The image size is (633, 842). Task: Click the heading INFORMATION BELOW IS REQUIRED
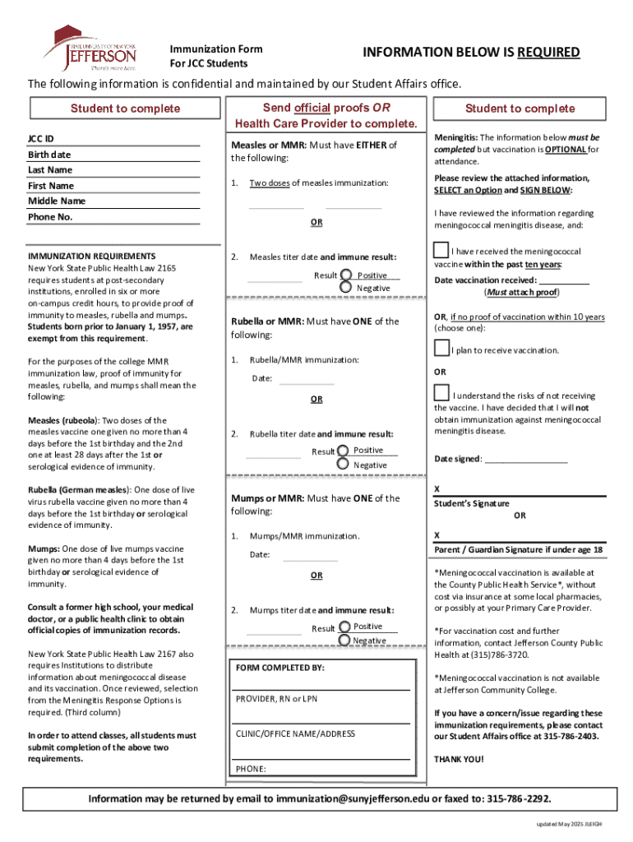coord(471,53)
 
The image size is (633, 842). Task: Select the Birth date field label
coord(49,155)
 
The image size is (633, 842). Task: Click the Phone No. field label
coord(51,217)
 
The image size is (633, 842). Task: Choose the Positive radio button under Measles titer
coord(347,275)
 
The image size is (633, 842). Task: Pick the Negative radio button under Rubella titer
coord(343,465)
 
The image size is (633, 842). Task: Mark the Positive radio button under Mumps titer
coord(344,627)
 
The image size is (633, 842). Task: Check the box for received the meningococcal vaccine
coord(441,250)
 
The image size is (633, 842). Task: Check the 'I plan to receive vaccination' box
coord(441,349)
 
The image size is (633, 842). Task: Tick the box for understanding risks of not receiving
coord(441,393)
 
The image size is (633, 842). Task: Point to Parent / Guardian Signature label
coord(518,550)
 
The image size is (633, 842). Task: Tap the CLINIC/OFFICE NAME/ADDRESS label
coord(295,733)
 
